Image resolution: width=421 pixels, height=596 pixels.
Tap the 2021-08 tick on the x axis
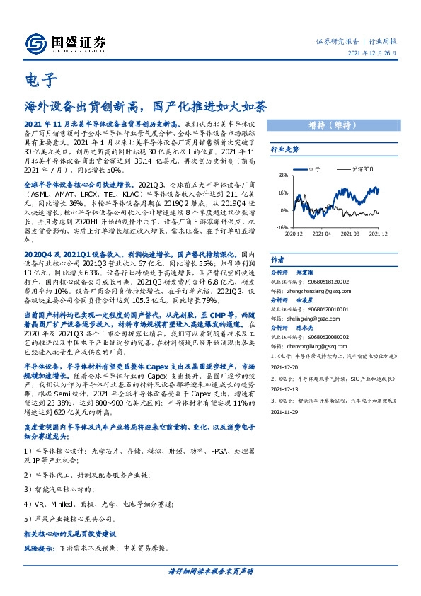350,234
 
